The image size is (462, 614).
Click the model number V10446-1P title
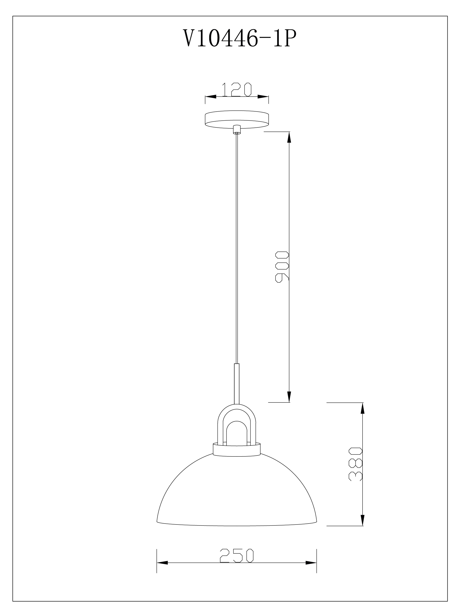[x=240, y=39]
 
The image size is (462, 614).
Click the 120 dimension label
[x=236, y=89]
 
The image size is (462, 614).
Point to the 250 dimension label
[x=237, y=555]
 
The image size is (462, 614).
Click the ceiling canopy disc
[x=237, y=119]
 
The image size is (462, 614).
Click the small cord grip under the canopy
[x=236, y=130]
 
